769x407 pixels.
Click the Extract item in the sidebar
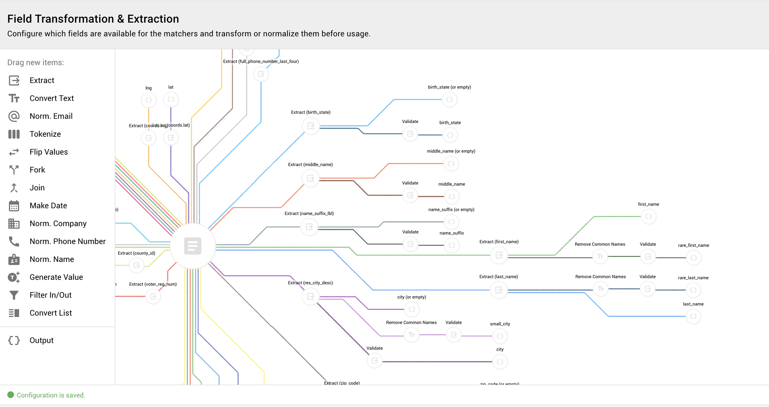[x=42, y=80]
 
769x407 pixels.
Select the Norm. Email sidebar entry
[x=51, y=116]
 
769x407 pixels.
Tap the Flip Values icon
[x=14, y=152]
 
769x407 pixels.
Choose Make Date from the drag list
[x=48, y=206]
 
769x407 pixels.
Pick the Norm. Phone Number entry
[x=67, y=241]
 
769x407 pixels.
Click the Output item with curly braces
[x=41, y=340]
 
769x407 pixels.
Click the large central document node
[x=193, y=246]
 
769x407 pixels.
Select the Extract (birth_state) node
[x=310, y=126]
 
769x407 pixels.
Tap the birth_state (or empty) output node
[x=450, y=100]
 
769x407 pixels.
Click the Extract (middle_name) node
[x=310, y=178]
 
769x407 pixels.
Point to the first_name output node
[x=649, y=217]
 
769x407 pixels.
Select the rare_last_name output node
[x=693, y=290]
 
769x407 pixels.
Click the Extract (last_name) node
[x=499, y=290]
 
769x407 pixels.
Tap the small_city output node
[x=500, y=336]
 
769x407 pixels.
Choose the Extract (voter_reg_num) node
[x=153, y=297]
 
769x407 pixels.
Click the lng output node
[x=149, y=100]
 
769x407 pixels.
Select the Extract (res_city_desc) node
[x=310, y=297]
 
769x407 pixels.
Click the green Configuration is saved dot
[x=11, y=395]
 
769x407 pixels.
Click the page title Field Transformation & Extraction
[x=93, y=19]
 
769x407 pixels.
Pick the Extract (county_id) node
[x=136, y=265]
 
